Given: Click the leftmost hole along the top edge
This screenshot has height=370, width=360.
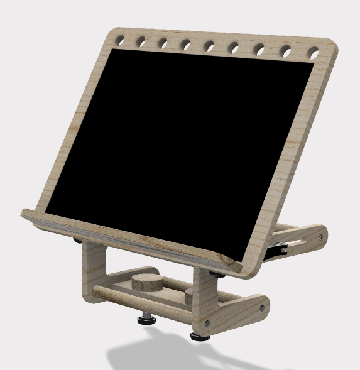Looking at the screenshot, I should point(119,41).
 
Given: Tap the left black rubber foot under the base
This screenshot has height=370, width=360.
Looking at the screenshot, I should point(147,321).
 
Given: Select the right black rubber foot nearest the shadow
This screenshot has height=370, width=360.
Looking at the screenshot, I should point(200,337).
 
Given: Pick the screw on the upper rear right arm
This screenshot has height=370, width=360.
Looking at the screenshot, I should point(321,237).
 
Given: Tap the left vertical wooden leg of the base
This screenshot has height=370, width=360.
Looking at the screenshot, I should point(91,270).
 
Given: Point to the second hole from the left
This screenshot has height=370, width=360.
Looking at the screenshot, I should point(141,42).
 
